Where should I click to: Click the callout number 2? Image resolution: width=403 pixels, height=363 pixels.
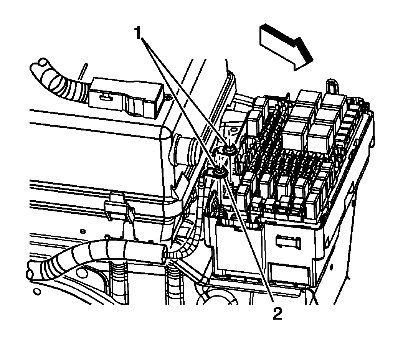tap(277, 314)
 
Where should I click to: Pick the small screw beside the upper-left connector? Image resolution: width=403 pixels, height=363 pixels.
tap(168, 99)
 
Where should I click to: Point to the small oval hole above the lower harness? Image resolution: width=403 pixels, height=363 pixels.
tap(83, 231)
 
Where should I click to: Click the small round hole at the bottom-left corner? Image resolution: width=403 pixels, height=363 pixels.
tap(37, 292)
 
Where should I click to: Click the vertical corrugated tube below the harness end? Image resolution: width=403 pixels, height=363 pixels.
tap(173, 284)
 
